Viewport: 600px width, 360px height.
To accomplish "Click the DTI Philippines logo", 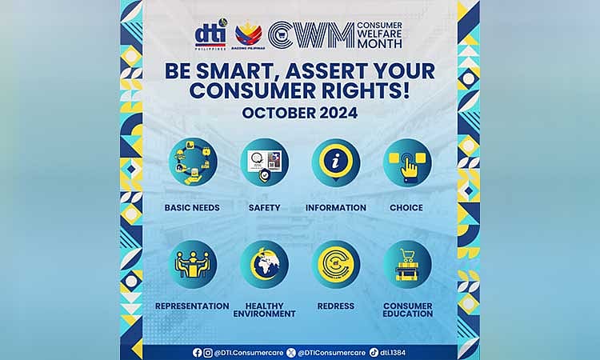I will pos(210,35).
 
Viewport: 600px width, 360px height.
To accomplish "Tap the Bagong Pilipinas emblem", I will pos(248,34).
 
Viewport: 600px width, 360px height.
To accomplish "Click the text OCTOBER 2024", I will pos(300,113).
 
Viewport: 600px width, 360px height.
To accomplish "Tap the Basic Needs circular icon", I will pos(193,162).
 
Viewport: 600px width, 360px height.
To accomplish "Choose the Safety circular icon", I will pos(264,162).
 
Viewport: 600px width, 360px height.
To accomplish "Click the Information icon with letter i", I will pos(336,162).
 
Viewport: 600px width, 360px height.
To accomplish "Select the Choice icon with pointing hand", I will pos(407,162).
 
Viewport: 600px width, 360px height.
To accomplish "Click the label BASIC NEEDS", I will pos(193,208).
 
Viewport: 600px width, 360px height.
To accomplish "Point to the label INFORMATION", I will pos(336,208).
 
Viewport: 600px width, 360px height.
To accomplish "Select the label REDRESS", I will pos(336,306).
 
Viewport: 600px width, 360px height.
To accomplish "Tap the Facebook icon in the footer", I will pos(197,352).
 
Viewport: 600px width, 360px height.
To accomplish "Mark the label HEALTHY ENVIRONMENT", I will pos(264,310).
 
